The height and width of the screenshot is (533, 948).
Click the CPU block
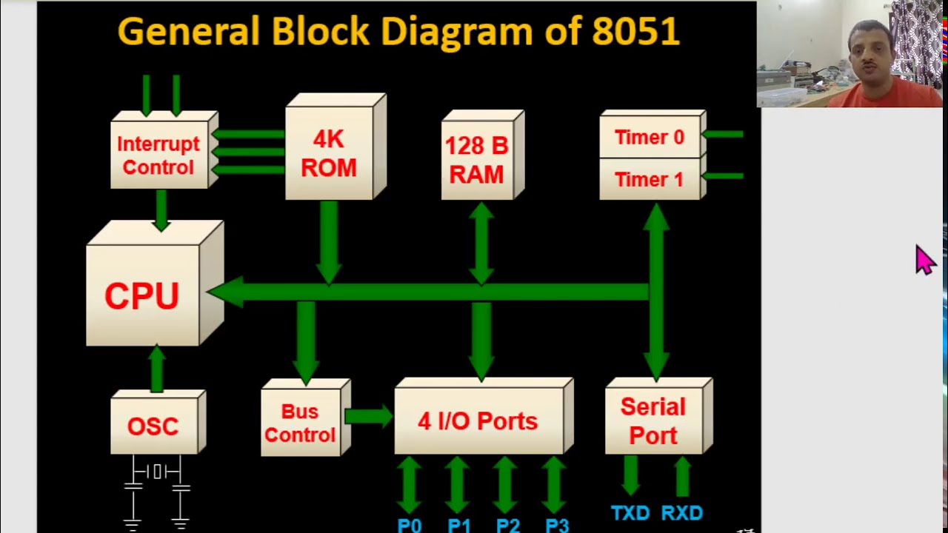point(143,295)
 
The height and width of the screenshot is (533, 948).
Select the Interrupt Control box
point(158,155)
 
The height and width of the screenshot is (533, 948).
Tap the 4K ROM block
point(330,154)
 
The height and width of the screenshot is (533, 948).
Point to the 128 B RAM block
point(477,160)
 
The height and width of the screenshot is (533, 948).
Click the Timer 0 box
point(650,138)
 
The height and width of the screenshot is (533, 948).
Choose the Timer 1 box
point(650,179)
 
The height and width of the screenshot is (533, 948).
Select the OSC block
point(153,426)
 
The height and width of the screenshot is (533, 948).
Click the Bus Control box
point(300,423)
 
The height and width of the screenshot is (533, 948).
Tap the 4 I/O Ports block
point(478,421)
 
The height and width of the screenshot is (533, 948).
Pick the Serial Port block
point(653,420)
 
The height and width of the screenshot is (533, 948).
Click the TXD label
point(630,513)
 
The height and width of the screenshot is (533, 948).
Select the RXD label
point(682,513)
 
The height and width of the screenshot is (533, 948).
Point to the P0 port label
point(410,526)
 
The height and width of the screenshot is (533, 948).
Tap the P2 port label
point(508,526)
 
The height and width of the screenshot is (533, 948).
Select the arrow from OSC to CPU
point(156,369)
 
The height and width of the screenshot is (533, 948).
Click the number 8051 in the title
point(635,32)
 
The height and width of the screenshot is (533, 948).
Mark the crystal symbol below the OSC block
point(156,472)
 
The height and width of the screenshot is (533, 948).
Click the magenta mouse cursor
point(924,260)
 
